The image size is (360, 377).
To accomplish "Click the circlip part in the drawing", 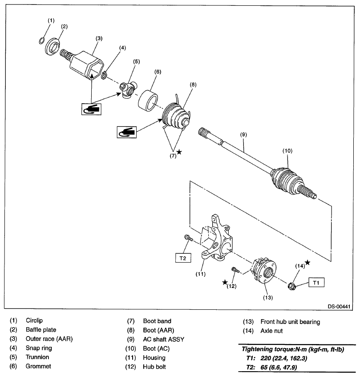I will coord(41,41).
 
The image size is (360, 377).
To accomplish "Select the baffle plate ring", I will coord(54,46).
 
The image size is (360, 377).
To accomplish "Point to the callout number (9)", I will coord(243,134).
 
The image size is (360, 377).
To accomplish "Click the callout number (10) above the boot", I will coord(287,151).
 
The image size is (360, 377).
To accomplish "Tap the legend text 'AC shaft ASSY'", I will coord(163,339).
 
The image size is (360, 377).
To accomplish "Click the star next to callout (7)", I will coord(179,152).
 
